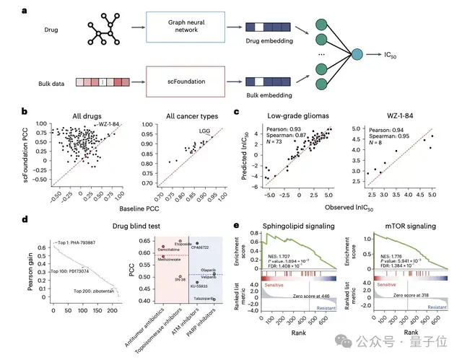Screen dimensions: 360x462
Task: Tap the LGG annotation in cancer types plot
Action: [204, 130]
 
